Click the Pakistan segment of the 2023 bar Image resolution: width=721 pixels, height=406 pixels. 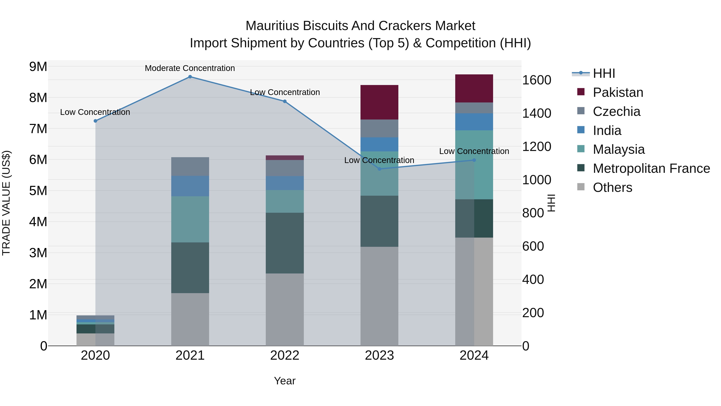(379, 102)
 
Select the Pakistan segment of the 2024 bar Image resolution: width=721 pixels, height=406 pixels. (474, 88)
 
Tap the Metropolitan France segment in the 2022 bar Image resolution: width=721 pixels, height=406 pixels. (285, 243)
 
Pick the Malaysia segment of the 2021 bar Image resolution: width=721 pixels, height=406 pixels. (190, 219)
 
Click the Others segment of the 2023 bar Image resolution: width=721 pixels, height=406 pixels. (379, 296)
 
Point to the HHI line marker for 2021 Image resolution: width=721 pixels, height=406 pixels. (190, 77)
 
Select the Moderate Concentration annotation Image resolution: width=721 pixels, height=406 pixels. (190, 68)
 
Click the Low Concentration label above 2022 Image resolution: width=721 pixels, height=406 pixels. (285, 92)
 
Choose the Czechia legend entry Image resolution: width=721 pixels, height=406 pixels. (616, 111)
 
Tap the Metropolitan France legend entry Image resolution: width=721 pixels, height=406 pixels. (651, 168)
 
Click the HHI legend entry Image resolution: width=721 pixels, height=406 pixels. (604, 73)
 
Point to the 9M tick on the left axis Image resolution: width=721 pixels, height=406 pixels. (38, 67)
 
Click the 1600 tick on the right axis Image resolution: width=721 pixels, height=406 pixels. (537, 80)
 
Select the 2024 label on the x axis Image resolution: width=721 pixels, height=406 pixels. (474, 355)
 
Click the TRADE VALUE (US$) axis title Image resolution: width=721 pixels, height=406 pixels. (6, 203)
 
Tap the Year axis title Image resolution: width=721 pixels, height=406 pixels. (285, 381)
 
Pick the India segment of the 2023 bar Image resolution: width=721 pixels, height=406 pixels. (379, 145)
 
